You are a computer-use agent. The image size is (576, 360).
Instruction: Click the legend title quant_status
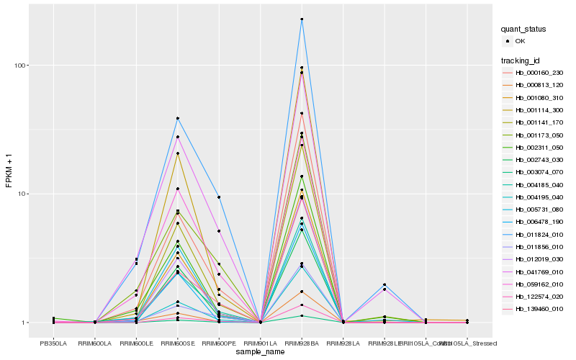(x=524, y=29)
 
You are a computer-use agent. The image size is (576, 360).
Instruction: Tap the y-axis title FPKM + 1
(x=9, y=171)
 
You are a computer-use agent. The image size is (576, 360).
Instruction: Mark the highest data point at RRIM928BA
(x=302, y=19)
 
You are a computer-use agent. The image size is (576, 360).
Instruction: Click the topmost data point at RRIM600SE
(x=177, y=118)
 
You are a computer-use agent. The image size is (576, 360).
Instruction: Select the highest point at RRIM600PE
(x=219, y=197)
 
